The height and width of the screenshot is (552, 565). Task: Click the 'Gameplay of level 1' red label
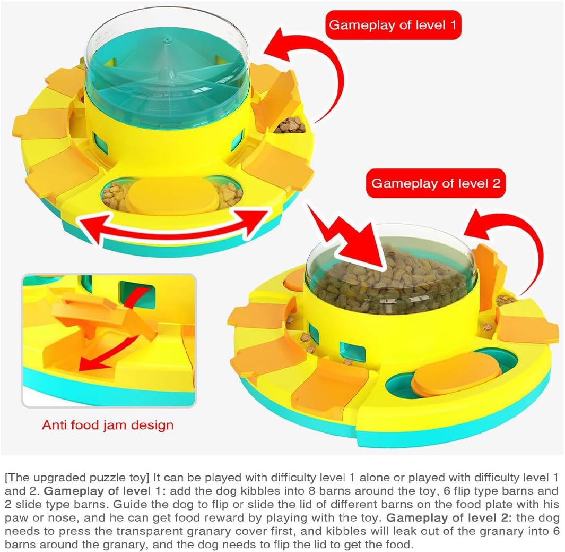(393, 25)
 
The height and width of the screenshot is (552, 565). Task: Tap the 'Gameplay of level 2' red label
(436, 183)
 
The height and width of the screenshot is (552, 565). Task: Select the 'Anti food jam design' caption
(108, 425)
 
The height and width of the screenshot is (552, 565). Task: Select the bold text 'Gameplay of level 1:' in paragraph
(105, 491)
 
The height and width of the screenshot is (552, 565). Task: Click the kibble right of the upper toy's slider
(228, 194)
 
